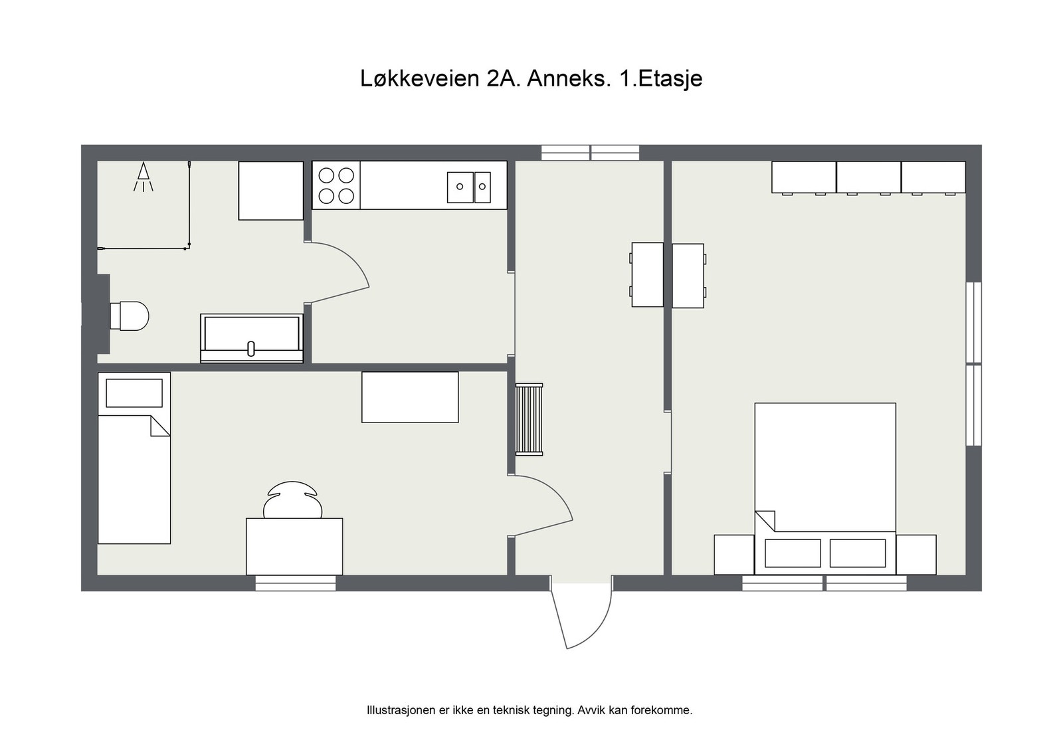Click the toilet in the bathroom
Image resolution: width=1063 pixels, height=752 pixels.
click(x=129, y=316)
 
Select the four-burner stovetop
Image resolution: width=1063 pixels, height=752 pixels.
click(x=336, y=185)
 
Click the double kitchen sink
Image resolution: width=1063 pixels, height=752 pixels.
click(x=468, y=187)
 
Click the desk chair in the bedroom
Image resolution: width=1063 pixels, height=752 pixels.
click(x=293, y=502)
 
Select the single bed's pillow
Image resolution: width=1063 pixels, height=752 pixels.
click(x=134, y=393)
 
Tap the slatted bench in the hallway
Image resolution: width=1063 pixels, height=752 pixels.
click(x=529, y=419)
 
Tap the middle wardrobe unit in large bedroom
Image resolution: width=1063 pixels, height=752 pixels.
click(x=868, y=177)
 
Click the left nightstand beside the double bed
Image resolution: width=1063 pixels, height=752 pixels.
click(x=734, y=555)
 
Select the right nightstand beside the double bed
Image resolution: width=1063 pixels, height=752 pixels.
click(x=916, y=555)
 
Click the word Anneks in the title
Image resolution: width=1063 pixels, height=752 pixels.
click(x=569, y=78)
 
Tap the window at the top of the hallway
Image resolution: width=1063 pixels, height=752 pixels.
click(x=590, y=153)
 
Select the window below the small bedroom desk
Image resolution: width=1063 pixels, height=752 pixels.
click(x=296, y=583)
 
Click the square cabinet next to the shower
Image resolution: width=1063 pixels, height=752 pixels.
click(x=271, y=191)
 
